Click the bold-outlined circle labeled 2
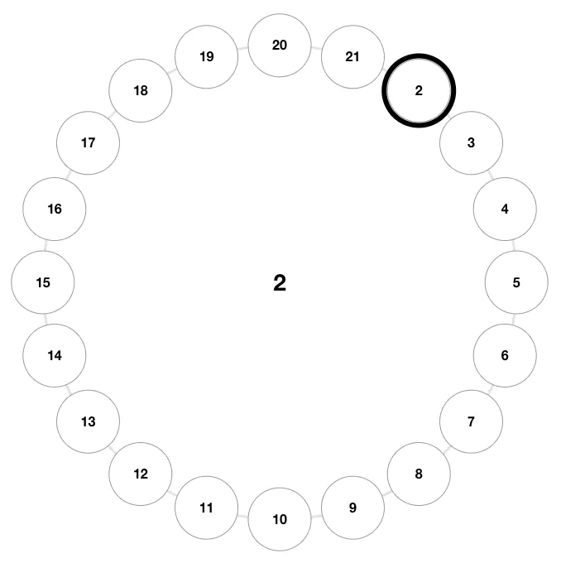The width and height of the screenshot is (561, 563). coord(419,90)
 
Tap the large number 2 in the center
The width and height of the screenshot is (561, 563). coord(280,282)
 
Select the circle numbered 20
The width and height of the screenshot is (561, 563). coord(280,46)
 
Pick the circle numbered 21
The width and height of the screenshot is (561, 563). coord(352,57)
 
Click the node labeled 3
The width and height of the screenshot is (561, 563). coord(472,143)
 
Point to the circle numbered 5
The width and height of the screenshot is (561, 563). coord(516,282)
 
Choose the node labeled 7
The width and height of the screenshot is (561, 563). coord(472,421)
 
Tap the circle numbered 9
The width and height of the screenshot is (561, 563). coord(352,508)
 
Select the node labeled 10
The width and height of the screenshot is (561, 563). coord(280,519)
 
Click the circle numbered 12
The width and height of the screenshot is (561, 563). coord(141,474)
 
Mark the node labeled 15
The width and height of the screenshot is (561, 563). coord(43,282)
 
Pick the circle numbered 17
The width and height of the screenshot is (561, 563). coord(88,143)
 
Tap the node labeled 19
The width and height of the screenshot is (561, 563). coord(206,57)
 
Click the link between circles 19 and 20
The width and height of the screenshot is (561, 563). coord(243,48)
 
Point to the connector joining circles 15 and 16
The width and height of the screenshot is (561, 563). coord(46,246)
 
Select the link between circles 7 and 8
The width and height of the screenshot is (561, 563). coord(446,450)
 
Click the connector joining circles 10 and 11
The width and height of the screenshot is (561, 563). coord(243,517)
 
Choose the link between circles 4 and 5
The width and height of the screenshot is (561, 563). coord(514,246)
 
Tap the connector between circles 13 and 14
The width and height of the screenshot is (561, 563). coord(69,390)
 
